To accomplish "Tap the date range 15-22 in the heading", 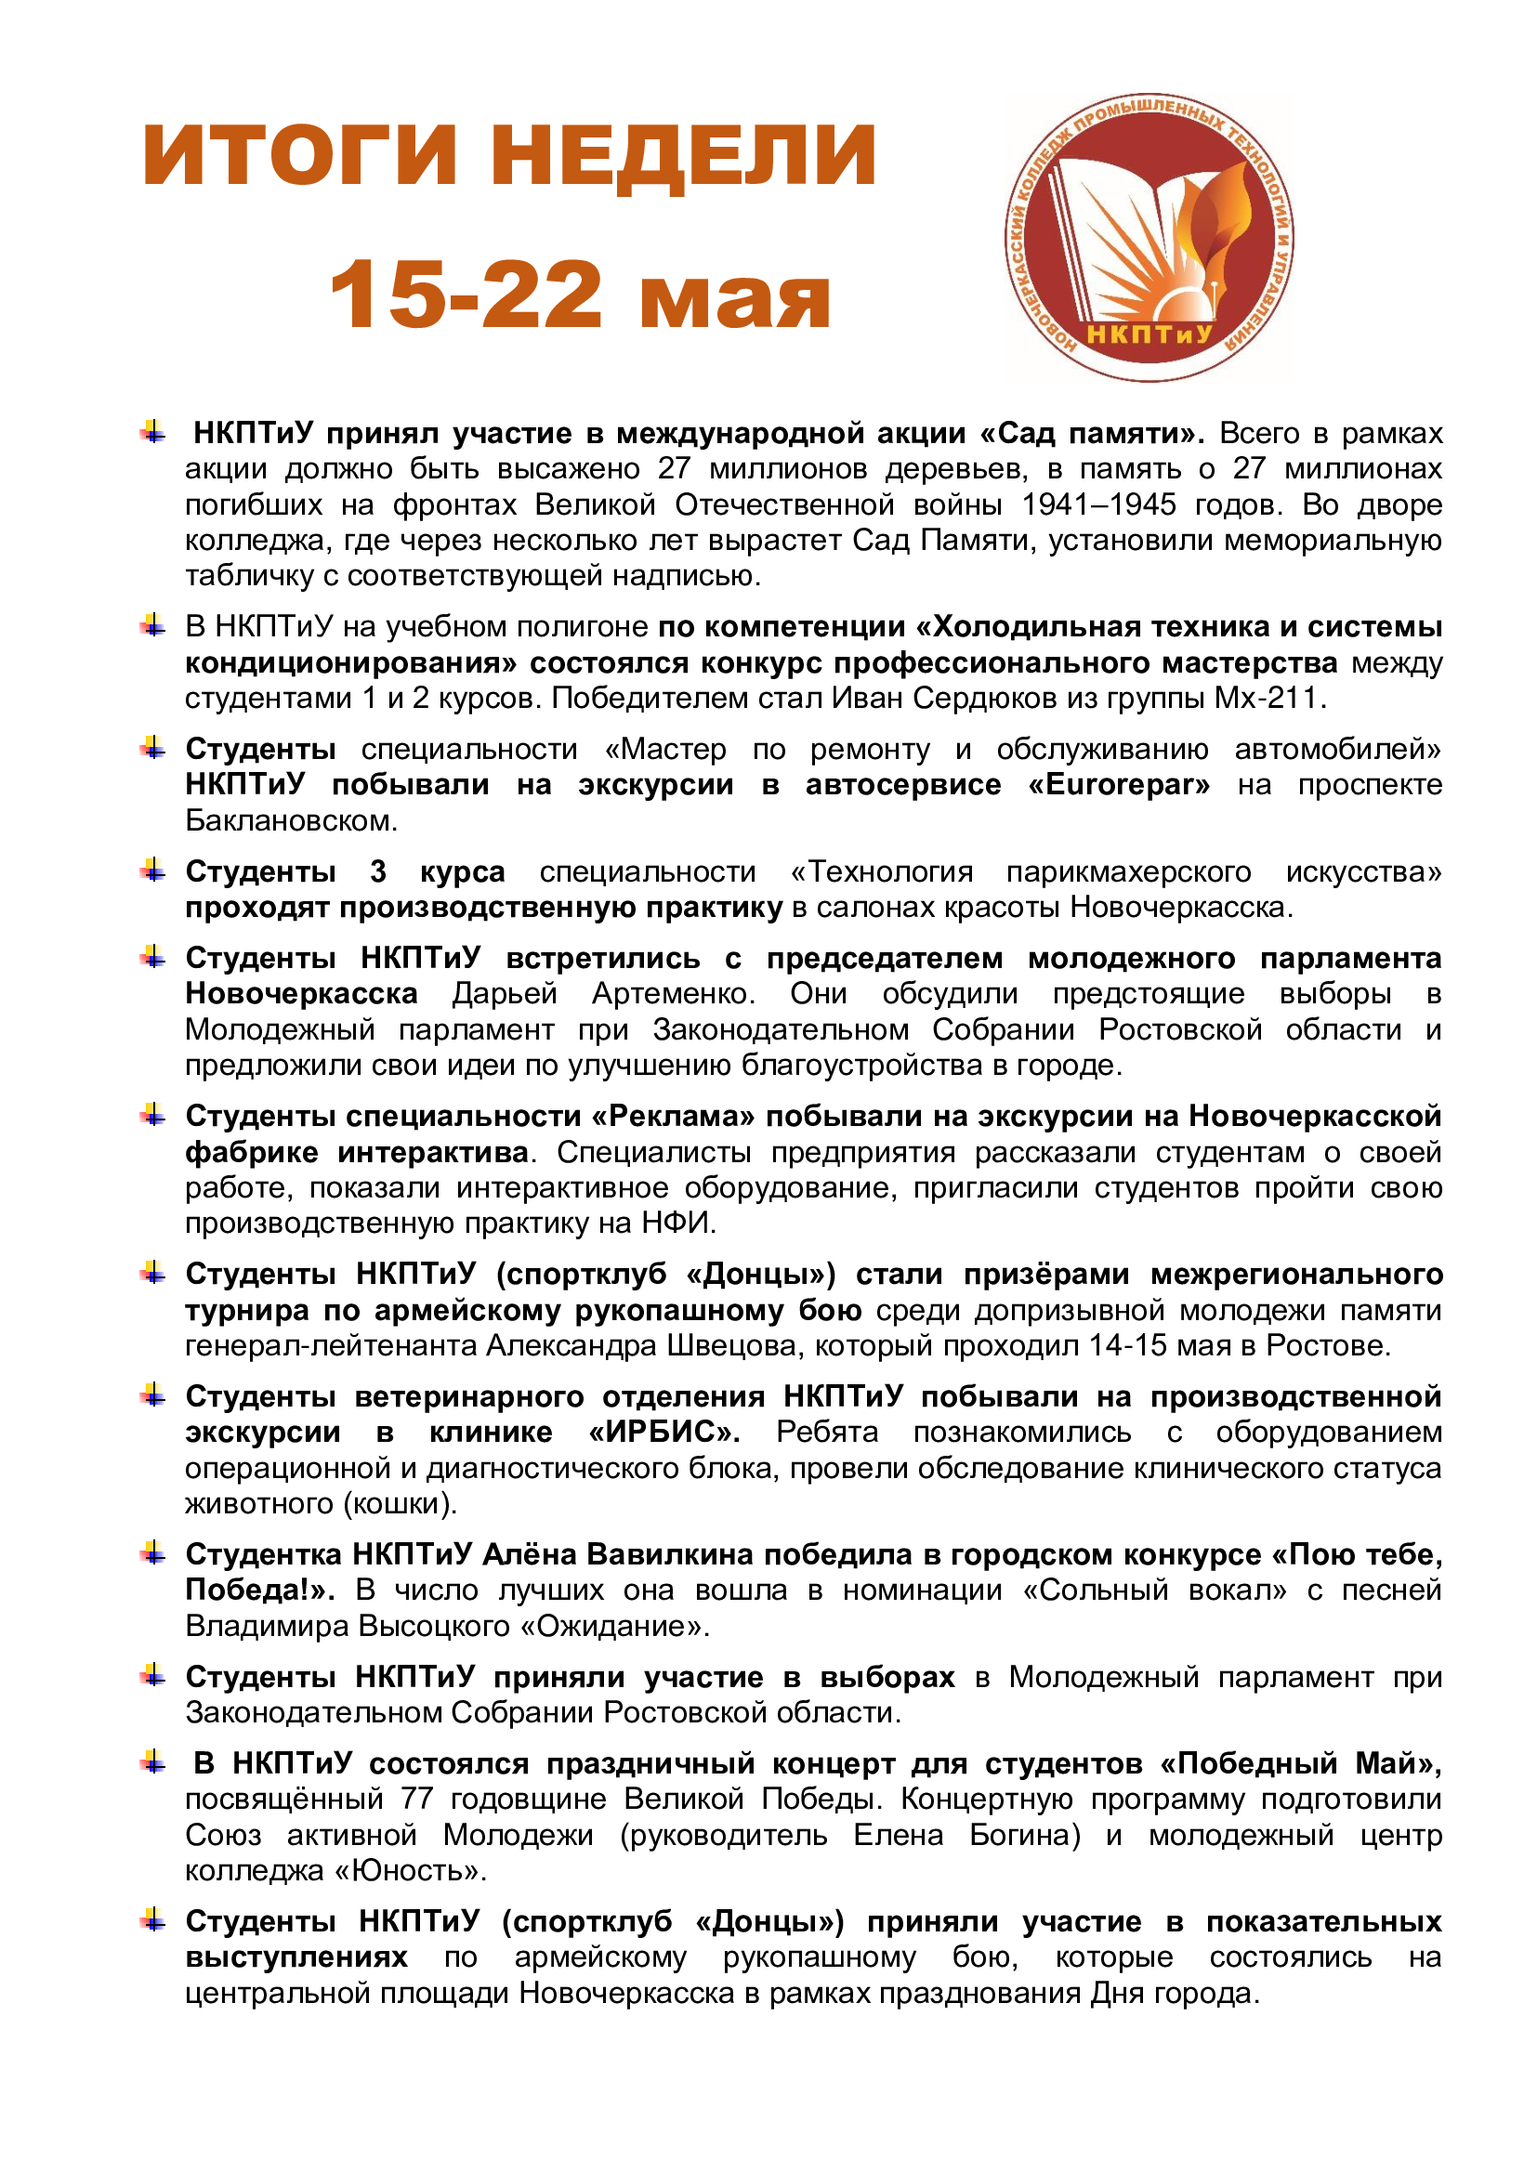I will click(466, 295).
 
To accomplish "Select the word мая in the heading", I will click(734, 298).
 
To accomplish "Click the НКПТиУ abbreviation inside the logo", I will click(1149, 334).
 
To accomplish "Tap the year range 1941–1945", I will click(1098, 504).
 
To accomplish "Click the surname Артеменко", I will click(673, 994).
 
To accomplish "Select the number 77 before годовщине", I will click(416, 1799).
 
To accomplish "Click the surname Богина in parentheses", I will click(1024, 1835).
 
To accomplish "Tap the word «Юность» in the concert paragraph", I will click(408, 1871).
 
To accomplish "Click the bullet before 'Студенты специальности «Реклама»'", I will click(152, 1116).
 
